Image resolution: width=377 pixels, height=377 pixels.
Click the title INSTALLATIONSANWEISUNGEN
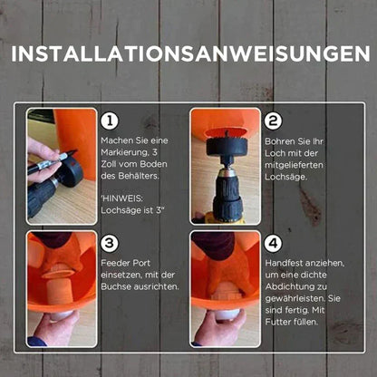(190, 54)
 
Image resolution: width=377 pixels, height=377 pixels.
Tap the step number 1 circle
(110, 121)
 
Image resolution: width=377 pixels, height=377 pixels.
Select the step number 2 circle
(273, 121)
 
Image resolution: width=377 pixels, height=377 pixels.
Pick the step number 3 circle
(110, 243)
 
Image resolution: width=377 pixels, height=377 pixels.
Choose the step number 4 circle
(273, 243)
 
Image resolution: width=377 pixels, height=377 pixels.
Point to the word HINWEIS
(122, 198)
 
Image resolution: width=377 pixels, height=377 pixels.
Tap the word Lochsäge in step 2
(285, 177)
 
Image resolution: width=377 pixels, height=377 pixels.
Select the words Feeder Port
(125, 263)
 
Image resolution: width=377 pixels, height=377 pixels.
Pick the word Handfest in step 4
(285, 263)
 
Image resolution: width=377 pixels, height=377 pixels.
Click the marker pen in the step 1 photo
(52, 161)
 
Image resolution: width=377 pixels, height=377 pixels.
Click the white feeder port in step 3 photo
(62, 315)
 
